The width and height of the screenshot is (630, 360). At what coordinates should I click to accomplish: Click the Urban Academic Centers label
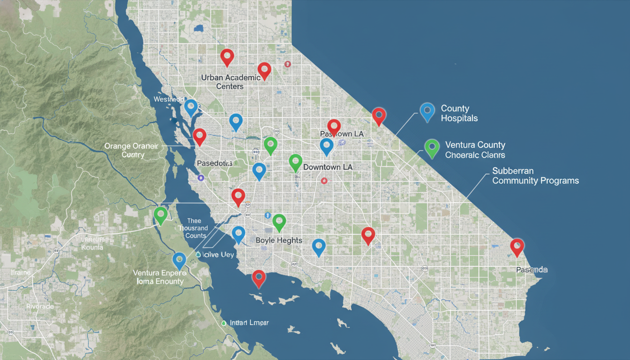point(230,82)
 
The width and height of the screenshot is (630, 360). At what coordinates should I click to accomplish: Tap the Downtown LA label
point(328,167)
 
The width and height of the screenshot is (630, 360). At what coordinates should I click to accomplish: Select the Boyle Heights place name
point(279,240)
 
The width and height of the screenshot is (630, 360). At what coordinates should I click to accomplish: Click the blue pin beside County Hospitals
point(427,112)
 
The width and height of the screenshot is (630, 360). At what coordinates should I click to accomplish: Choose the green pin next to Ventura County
point(431,148)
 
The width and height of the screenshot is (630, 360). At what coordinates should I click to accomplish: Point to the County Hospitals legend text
point(459,113)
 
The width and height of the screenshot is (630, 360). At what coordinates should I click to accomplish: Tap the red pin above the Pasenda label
point(517,247)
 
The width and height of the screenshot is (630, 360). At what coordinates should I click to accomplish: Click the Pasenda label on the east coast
point(532,270)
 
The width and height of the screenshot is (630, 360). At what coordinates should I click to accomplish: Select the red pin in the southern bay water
point(258,278)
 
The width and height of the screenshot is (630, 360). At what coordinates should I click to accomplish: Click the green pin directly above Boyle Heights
point(279,222)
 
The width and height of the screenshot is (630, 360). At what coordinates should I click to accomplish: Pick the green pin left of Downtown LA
point(295,162)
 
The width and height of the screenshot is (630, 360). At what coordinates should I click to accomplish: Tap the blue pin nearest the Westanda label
point(191,107)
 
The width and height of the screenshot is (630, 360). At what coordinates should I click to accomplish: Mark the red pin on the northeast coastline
point(378,116)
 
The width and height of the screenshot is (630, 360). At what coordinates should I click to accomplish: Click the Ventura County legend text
point(475,150)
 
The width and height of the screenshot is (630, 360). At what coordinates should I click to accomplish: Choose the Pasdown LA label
point(342,134)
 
